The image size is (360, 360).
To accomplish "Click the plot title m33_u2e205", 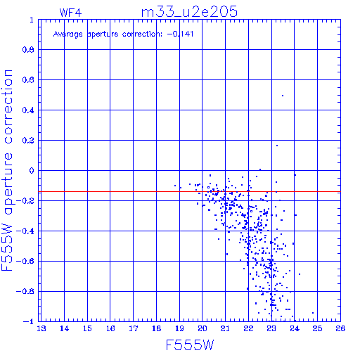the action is coord(189,12).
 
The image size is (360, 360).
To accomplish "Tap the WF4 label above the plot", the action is coord(70,13).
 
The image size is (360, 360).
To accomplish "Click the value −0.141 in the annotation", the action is coord(180,34).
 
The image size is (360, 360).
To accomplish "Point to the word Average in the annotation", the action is coord(68,34).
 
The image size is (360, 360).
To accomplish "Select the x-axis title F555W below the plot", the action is coord(190,345).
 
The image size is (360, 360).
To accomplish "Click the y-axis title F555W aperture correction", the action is coord(7,170).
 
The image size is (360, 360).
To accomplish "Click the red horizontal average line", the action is coord(189,192).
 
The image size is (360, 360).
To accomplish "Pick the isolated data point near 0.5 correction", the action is coord(283,96).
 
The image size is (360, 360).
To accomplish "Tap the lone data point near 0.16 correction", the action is coord(277,146).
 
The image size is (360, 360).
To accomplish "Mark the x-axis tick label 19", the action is coord(179,328).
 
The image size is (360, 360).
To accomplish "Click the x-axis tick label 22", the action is coord(248,328).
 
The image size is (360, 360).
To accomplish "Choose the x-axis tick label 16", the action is coord(110,328).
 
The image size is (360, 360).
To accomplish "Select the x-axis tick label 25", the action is coord(317,328).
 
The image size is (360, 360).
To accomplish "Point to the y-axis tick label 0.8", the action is coord(28,50).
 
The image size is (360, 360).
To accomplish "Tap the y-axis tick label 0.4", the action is coord(28,110).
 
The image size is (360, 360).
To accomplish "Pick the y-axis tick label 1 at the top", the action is coord(32,20).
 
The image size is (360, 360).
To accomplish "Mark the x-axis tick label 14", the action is coord(64,328).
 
